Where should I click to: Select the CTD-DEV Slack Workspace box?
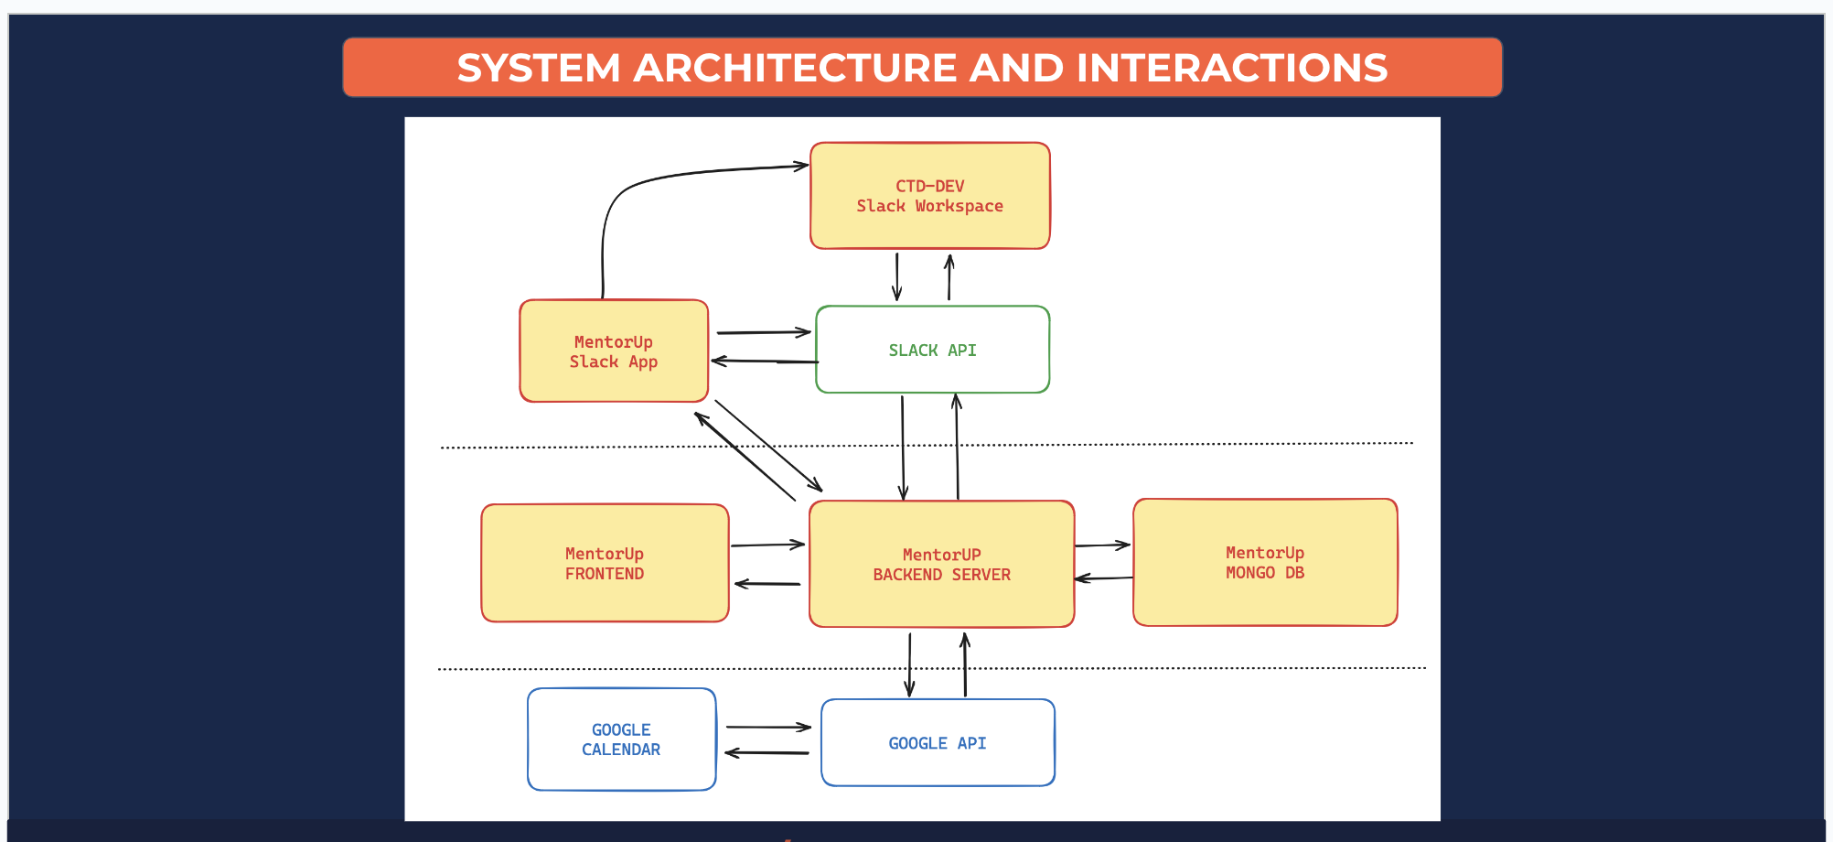(x=929, y=196)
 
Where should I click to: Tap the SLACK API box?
(x=932, y=350)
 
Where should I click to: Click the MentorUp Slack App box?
(x=613, y=351)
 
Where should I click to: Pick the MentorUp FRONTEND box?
(x=605, y=563)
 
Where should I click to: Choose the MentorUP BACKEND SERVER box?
(x=941, y=564)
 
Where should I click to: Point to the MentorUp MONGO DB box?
(x=1265, y=563)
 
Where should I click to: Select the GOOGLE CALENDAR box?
(x=621, y=739)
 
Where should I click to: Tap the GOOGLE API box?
(x=938, y=743)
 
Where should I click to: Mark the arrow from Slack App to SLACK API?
(x=763, y=332)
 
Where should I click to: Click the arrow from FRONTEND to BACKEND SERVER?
(x=767, y=545)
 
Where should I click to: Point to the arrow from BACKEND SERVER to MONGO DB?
(x=1102, y=545)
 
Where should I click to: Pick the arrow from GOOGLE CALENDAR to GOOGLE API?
(x=768, y=728)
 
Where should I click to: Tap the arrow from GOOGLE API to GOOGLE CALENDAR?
(x=766, y=753)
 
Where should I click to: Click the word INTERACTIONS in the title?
(x=1231, y=68)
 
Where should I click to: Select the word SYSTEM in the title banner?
(x=539, y=68)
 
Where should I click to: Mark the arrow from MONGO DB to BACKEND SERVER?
(x=1104, y=578)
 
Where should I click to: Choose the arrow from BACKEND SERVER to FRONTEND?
(x=767, y=583)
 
